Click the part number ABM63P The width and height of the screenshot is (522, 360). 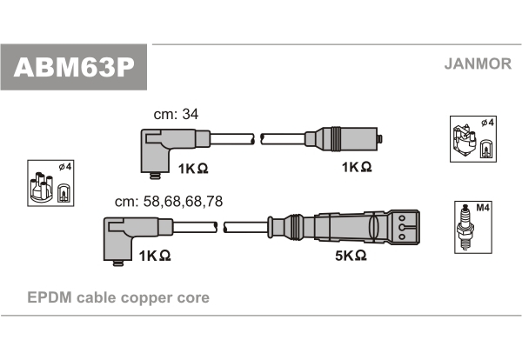[74, 68]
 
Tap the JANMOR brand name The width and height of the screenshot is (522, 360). [478, 63]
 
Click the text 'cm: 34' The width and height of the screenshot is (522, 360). [176, 114]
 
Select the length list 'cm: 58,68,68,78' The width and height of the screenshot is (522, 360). [169, 201]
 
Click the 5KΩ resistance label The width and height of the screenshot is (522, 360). [351, 256]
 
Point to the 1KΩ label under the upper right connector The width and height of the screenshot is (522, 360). [357, 167]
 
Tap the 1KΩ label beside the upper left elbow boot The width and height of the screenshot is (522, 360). [193, 169]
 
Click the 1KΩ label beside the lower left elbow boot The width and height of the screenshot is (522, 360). [155, 256]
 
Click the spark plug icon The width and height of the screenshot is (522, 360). [465, 227]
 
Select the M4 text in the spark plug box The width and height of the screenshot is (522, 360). [483, 208]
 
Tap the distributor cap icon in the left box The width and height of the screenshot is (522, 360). [41, 187]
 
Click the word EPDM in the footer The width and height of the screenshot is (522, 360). [50, 297]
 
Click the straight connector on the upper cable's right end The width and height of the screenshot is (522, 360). [344, 139]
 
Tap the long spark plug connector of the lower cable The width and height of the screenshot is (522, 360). [344, 227]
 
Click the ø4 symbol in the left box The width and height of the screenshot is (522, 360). [65, 166]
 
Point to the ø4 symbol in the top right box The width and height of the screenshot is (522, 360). [488, 123]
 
